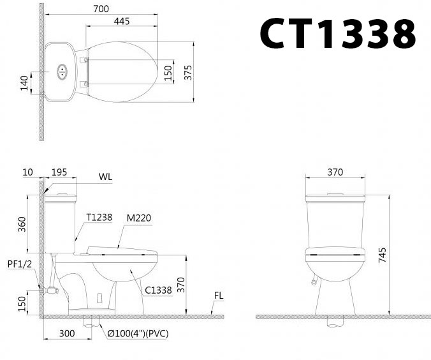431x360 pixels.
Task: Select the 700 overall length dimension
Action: [100, 9]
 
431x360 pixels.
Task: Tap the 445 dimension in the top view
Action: [122, 21]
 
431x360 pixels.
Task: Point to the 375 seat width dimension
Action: [187, 72]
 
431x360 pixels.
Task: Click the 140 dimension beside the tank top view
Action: [24, 83]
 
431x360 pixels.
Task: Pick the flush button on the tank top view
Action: [62, 72]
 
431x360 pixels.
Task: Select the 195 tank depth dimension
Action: [59, 172]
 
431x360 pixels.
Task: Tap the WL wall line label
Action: [105, 177]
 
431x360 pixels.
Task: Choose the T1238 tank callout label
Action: [99, 218]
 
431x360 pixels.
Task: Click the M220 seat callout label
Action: [138, 218]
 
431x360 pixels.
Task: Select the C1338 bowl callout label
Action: [158, 290]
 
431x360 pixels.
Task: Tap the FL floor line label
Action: [219, 296]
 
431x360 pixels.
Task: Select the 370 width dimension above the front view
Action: [335, 172]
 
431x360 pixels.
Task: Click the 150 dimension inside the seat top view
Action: [168, 72]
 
